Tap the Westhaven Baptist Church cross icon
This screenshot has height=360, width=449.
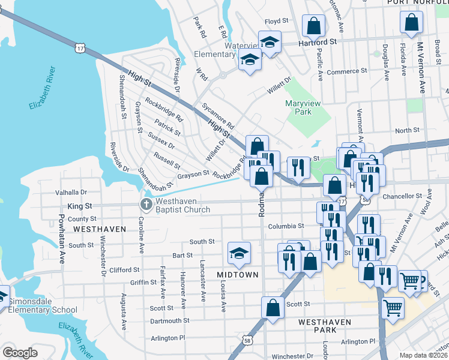(x=146, y=205)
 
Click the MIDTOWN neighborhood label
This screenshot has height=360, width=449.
(x=238, y=275)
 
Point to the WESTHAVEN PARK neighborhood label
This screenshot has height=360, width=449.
(x=325, y=322)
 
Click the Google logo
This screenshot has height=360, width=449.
(x=20, y=353)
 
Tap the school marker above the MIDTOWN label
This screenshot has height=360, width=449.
(x=239, y=253)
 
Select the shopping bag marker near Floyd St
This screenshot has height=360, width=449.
(x=313, y=26)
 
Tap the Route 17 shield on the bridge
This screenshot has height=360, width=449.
(x=80, y=47)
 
